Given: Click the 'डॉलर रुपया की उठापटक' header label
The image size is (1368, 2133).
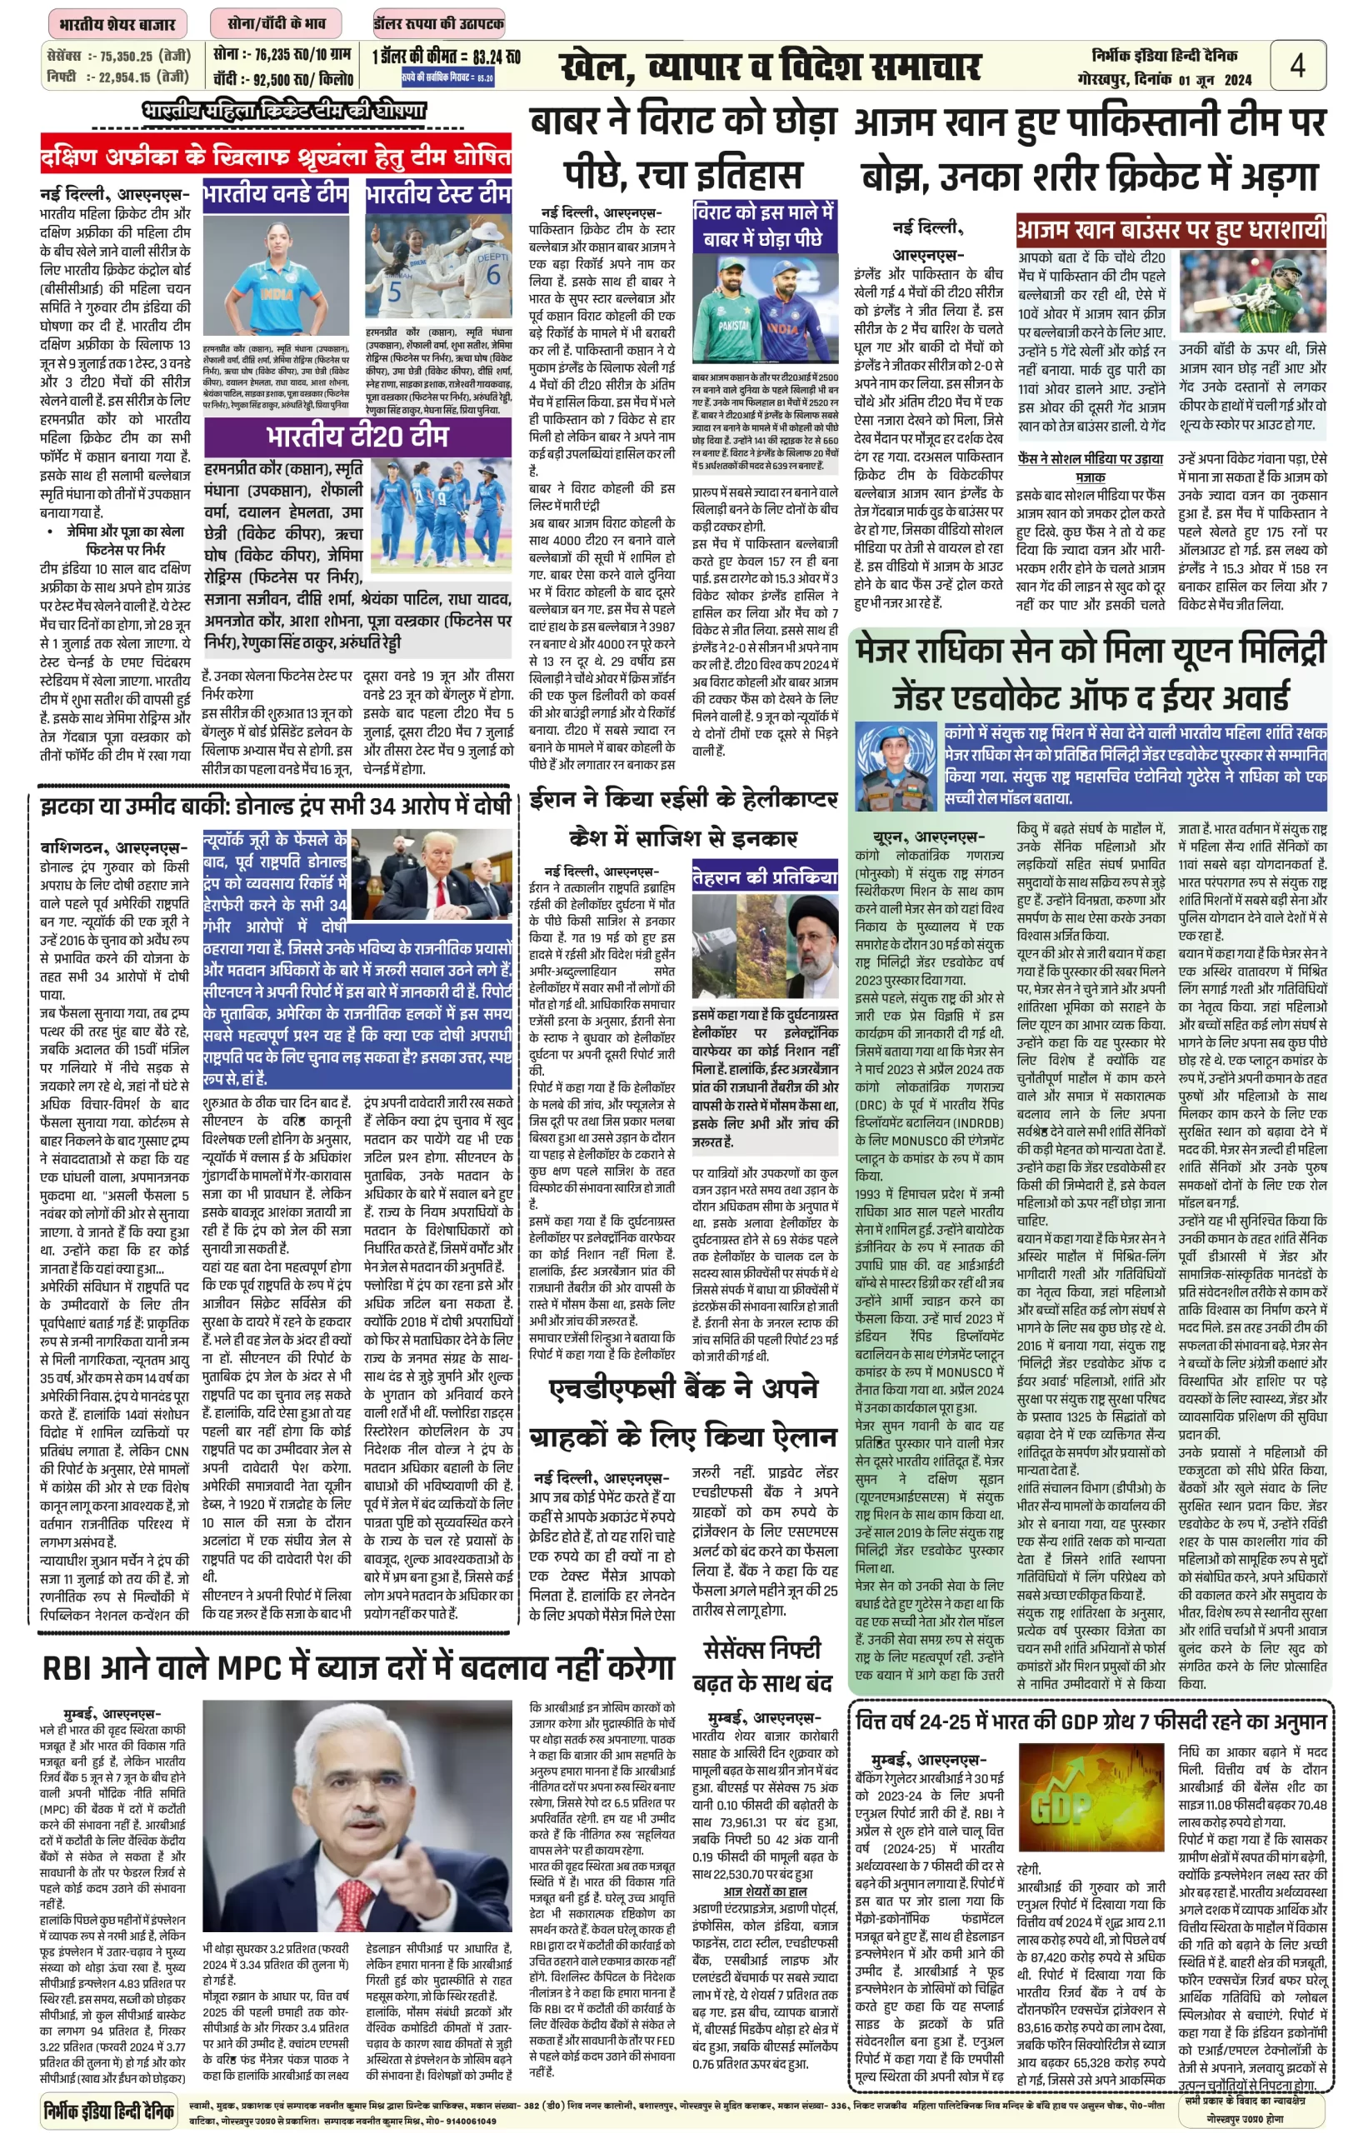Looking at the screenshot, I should [439, 24].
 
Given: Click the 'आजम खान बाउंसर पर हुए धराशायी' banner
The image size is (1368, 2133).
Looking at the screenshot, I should [1171, 230].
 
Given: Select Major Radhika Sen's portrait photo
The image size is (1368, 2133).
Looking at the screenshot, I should [896, 764].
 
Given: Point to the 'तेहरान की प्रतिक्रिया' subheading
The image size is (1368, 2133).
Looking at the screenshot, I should [764, 877].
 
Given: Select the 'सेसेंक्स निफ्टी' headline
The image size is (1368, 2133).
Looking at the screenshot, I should [762, 1650].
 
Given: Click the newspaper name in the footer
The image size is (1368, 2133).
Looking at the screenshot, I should [108, 2108].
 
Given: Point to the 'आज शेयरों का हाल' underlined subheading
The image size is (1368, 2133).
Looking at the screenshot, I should [764, 1891].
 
